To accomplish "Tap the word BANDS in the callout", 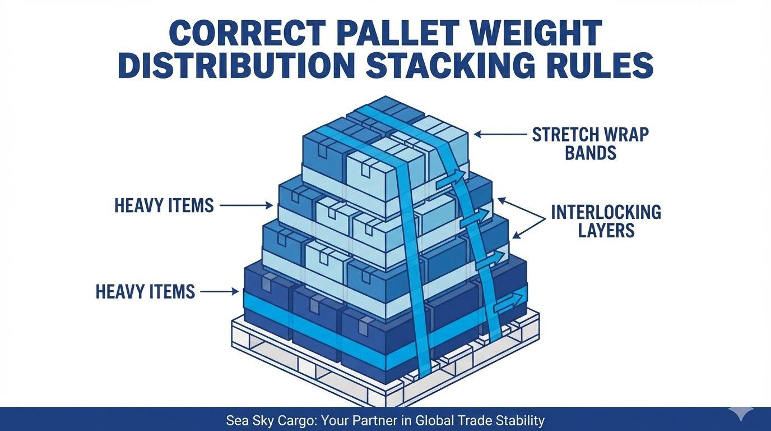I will [x=590, y=153].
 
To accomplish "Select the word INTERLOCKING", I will [x=606, y=212].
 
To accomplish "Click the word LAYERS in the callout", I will [x=606, y=231].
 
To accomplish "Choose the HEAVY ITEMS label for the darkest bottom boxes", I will [x=145, y=292].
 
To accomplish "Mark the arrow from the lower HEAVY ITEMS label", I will [x=219, y=292].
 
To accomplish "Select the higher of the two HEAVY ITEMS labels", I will [x=164, y=206].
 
